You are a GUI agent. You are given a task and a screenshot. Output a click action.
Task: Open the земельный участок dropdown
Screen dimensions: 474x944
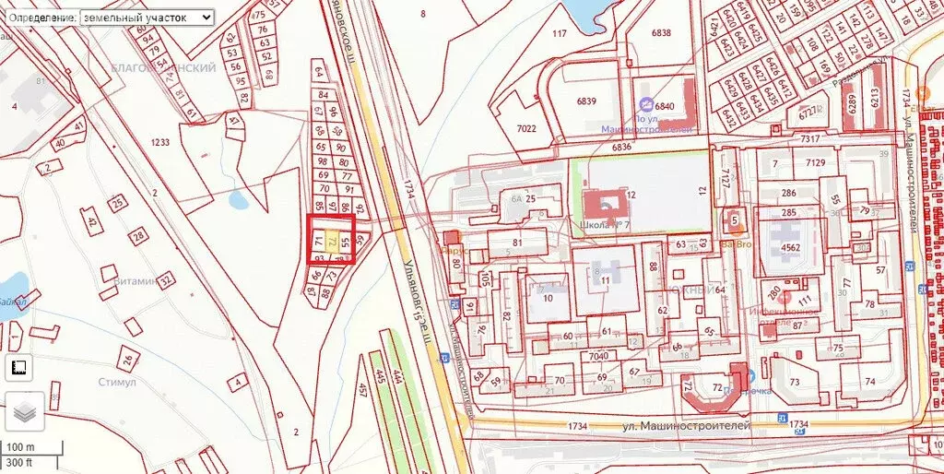tap(147, 18)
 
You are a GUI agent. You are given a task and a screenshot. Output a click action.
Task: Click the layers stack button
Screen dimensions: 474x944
tap(26, 411)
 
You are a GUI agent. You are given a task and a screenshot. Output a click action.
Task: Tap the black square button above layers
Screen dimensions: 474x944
tap(18, 367)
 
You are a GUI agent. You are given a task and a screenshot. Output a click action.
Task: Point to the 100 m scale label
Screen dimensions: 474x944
tap(19, 447)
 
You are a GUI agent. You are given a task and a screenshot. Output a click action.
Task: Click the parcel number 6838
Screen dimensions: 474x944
tap(660, 32)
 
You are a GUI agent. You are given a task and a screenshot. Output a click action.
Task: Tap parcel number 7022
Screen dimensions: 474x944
tap(526, 128)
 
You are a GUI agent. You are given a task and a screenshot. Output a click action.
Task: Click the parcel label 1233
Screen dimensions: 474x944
tap(160, 142)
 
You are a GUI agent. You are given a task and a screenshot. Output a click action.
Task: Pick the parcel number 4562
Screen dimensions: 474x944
tap(790, 247)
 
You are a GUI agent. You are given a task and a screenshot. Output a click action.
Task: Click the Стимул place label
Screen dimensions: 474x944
tap(117, 382)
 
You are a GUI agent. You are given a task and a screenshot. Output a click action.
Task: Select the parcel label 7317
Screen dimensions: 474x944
tap(810, 138)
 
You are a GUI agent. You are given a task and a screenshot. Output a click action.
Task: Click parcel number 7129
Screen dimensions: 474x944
tap(815, 162)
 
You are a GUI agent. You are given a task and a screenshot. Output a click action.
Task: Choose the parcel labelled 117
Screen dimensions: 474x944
tap(559, 34)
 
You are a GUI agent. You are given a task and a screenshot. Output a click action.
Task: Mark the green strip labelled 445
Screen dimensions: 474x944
tap(378, 378)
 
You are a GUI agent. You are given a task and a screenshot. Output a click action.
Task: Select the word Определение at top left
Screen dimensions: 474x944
tap(39, 18)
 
